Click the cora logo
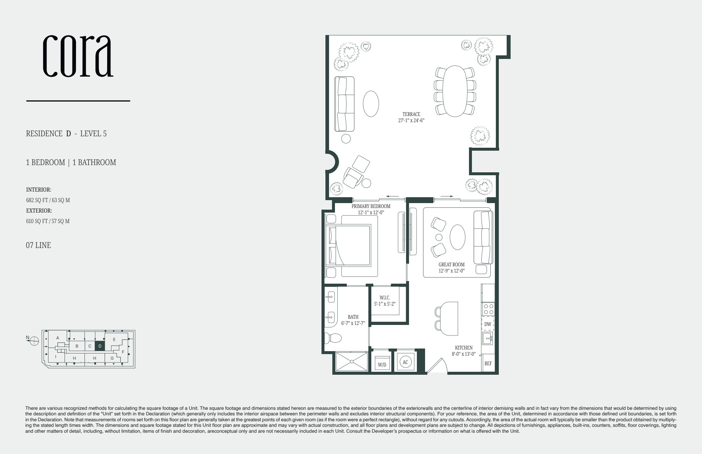tap(78, 56)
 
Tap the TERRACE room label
tap(411, 114)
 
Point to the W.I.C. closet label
tap(385, 297)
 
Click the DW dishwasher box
tap(488, 324)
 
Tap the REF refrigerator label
tap(488, 364)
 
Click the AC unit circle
tap(405, 362)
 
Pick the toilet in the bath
tap(332, 338)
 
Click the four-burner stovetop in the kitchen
tap(488, 309)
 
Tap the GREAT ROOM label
tap(451, 264)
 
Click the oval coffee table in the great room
tap(457, 237)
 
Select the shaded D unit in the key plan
tap(100, 346)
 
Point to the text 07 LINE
tap(38, 245)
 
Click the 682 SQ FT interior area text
tap(48, 200)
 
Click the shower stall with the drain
tap(352, 362)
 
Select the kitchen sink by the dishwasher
tap(487, 338)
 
